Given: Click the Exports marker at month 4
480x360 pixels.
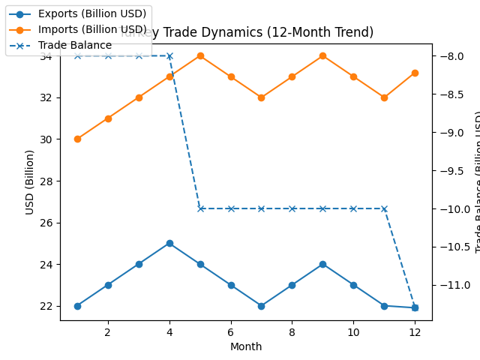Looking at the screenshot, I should tap(169, 243).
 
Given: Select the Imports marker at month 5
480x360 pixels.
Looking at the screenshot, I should tap(200, 55).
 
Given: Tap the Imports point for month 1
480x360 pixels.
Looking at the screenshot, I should tap(77, 139).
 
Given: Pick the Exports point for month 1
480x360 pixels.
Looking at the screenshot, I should tap(77, 306).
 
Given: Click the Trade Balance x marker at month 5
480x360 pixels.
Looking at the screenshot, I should tap(200, 208).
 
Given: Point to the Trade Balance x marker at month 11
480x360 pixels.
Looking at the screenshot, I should tap(384, 208).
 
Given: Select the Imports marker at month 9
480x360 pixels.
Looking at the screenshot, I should tap(322, 55).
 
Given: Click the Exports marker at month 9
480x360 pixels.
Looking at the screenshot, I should tap(322, 264).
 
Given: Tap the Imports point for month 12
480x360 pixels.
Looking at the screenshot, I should tap(415, 73).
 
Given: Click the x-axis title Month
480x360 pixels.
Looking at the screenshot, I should tap(246, 346).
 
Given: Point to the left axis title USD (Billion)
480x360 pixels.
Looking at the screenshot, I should tap(30, 181).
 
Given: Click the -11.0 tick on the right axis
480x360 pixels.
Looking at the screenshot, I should tap(454, 285).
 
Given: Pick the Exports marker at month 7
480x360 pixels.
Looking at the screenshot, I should tap(261, 306).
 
